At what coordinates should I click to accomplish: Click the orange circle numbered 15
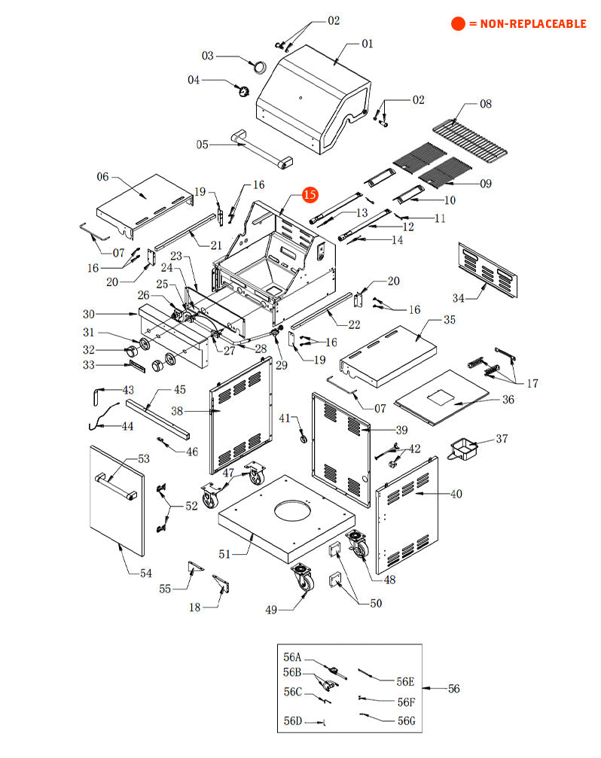tap(310, 194)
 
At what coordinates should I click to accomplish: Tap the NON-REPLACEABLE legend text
tap(527, 24)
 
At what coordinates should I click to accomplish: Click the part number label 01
tap(367, 44)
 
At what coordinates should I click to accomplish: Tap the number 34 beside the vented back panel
tap(458, 297)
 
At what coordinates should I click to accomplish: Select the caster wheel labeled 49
tap(304, 578)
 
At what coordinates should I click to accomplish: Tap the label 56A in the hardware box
tap(292, 656)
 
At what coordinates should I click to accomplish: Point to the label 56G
tap(406, 720)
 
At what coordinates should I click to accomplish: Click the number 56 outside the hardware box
tap(453, 689)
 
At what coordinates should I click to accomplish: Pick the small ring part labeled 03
tap(260, 66)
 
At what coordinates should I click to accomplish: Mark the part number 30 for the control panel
tap(89, 314)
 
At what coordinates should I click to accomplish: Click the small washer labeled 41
tap(304, 438)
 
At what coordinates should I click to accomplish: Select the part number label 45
tap(179, 390)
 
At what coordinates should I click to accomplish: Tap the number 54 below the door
tap(145, 573)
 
